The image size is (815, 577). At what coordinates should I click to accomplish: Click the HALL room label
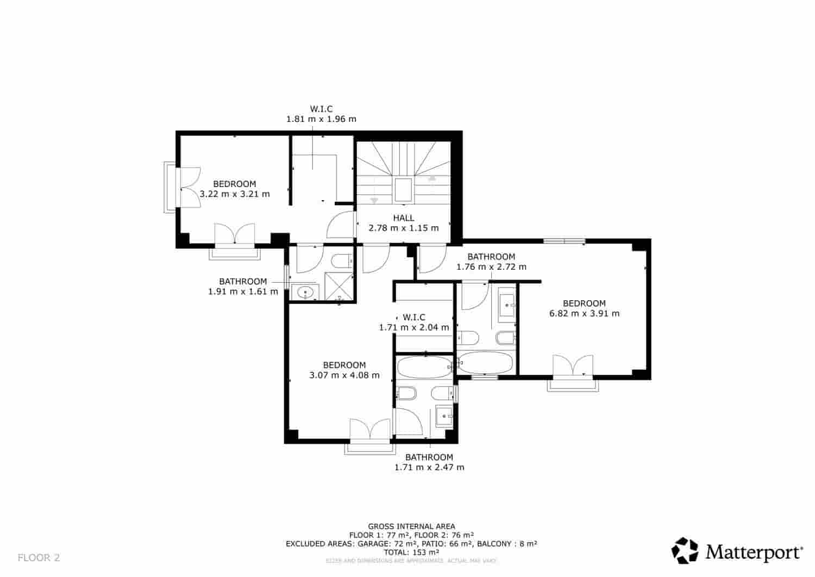pyautogui.click(x=403, y=218)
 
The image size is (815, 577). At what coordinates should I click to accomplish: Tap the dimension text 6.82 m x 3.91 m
pyautogui.click(x=584, y=313)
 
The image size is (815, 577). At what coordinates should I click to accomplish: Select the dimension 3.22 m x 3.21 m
pyautogui.click(x=235, y=194)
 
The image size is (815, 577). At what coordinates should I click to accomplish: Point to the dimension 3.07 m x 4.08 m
pyautogui.click(x=344, y=375)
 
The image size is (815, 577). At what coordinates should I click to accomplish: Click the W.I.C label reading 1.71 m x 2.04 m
pyautogui.click(x=414, y=322)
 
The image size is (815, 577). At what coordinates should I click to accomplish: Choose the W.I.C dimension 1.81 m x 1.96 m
pyautogui.click(x=321, y=119)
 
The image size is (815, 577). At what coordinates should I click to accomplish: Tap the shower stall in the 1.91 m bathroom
pyautogui.click(x=338, y=286)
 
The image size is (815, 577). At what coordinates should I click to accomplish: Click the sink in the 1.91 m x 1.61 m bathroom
pyautogui.click(x=306, y=293)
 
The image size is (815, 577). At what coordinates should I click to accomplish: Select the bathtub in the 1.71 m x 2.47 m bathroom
pyautogui.click(x=424, y=368)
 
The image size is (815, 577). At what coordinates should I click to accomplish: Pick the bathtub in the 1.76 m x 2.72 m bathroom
pyautogui.click(x=485, y=363)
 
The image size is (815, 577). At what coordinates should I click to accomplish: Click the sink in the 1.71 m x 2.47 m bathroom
pyautogui.click(x=445, y=417)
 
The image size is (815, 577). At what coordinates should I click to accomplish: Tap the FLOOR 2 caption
pyautogui.click(x=39, y=558)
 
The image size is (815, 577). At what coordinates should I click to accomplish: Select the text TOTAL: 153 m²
pyautogui.click(x=411, y=552)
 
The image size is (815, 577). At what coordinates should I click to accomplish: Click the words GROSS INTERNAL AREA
pyautogui.click(x=411, y=526)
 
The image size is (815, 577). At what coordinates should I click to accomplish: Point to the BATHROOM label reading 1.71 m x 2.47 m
pyautogui.click(x=429, y=462)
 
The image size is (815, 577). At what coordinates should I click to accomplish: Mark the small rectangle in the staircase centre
pyautogui.click(x=403, y=190)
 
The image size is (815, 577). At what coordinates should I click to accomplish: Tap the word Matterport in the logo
pyautogui.click(x=754, y=552)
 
